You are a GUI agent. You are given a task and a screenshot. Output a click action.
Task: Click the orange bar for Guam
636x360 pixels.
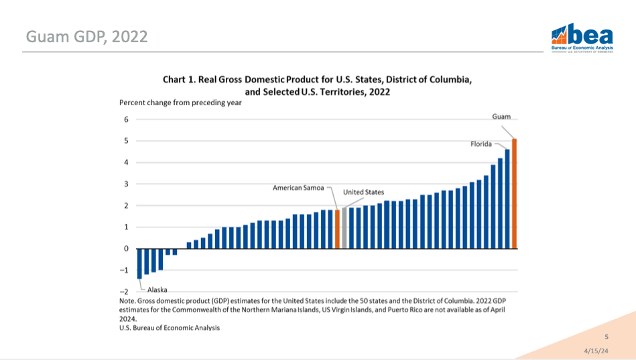tap(515, 194)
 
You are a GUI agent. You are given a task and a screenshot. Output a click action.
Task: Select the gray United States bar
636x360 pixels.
tap(344, 229)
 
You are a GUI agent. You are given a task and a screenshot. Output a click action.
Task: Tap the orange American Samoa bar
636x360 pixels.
tap(337, 229)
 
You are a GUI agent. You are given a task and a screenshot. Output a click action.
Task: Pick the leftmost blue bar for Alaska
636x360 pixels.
tap(139, 263)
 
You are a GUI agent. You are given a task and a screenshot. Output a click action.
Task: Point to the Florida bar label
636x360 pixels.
tap(481, 143)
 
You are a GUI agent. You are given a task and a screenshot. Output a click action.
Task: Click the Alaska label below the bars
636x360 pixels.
tap(157, 290)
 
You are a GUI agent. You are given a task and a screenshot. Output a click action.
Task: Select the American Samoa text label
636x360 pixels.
tap(299, 188)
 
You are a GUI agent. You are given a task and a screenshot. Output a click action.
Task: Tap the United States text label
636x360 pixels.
tap(363, 192)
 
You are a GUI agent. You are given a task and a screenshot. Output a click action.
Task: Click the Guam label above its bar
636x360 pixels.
tap(501, 117)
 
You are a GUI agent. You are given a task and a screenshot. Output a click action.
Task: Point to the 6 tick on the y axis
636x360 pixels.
tap(125, 119)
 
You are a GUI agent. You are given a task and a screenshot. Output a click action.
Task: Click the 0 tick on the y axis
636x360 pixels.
tap(125, 249)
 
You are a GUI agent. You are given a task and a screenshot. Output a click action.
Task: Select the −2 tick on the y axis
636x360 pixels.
tap(123, 292)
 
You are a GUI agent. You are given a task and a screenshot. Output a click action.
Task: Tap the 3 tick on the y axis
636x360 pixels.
tap(125, 184)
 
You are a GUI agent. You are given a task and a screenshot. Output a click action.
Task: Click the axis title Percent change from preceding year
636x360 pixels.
tap(180, 103)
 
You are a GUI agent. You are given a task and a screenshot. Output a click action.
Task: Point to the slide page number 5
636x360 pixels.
tap(607, 337)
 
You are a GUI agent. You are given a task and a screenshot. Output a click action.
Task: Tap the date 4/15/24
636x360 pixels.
tap(596, 351)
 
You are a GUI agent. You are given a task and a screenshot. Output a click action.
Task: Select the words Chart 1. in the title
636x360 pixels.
tap(179, 79)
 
